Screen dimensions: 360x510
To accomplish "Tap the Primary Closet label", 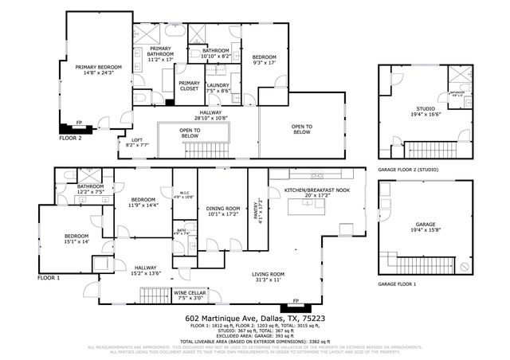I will (x=189, y=86).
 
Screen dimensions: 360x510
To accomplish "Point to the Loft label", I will (x=138, y=143).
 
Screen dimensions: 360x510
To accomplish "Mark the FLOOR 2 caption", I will (x=71, y=137).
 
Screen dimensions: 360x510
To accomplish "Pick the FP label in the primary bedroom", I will (x=78, y=122).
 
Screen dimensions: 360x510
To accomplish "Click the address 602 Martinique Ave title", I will (x=253, y=319).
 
